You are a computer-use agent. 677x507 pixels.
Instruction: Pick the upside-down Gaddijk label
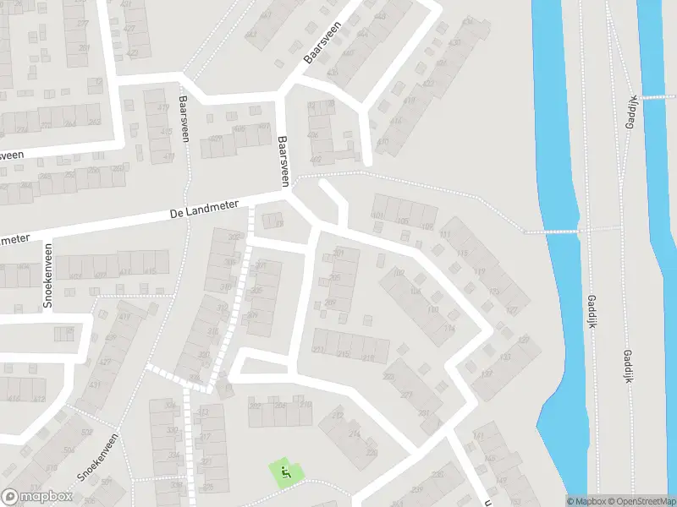tap(630, 112)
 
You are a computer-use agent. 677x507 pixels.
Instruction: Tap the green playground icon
tap(285, 473)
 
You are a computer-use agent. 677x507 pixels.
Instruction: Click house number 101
tap(378, 217)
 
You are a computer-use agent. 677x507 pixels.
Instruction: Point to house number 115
tap(463, 253)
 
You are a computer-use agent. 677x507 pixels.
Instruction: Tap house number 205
tap(334, 277)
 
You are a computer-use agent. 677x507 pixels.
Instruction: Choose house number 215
tap(344, 355)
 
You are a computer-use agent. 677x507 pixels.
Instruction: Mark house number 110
tap(432, 309)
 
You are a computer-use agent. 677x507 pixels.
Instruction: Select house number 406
tap(312, 135)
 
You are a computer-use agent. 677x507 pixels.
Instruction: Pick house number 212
tap(336, 416)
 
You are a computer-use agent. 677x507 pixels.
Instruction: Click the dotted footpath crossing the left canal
tap(554, 229)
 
